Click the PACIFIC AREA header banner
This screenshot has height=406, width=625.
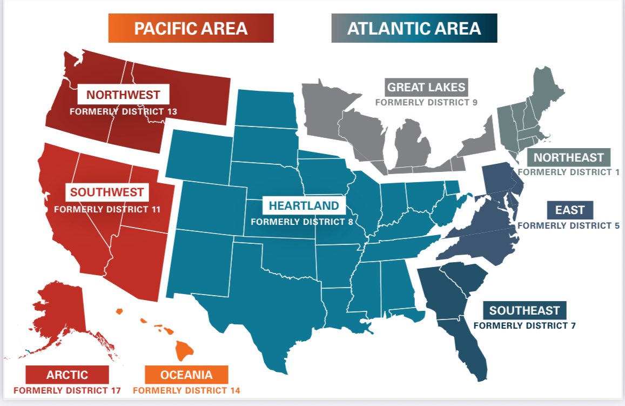pos(191,28)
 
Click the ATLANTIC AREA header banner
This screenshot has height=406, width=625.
pos(414,28)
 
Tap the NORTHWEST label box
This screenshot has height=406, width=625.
pos(124,95)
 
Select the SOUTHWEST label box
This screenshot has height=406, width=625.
pos(107,192)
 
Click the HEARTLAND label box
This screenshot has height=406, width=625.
pos(304,205)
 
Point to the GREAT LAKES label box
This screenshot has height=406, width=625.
pos(426,86)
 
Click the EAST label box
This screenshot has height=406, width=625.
pos(570,209)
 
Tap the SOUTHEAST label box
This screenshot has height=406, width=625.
pos(524,310)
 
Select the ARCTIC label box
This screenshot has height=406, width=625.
pos(67,375)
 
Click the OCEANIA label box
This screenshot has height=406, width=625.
pos(186,375)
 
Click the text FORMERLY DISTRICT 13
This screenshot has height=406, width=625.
pos(124,112)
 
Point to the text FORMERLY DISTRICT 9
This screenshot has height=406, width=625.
pos(427,101)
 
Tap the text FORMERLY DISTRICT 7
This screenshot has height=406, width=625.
pos(524,325)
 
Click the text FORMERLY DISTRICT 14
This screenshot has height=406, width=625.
pos(186,390)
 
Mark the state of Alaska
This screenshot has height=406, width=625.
pos(59,314)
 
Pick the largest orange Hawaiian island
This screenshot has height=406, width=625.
pos(184,351)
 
